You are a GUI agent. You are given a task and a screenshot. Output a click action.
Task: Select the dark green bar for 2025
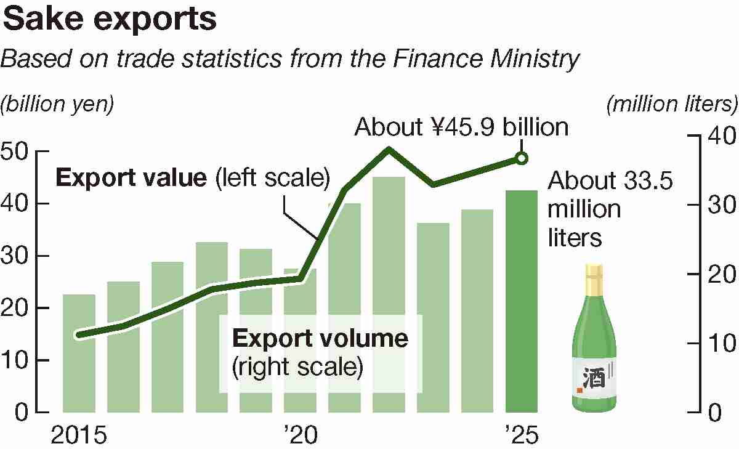click(x=521, y=302)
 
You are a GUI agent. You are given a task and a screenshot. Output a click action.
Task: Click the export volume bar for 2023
click(x=433, y=317)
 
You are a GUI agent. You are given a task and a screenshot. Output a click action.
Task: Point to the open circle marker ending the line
click(x=521, y=159)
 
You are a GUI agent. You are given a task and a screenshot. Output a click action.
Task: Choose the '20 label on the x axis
click(x=300, y=435)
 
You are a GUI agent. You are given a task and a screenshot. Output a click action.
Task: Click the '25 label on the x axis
click(x=521, y=435)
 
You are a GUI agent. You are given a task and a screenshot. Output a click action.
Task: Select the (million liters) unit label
click(x=672, y=104)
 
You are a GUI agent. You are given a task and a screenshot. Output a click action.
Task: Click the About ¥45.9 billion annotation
click(x=461, y=127)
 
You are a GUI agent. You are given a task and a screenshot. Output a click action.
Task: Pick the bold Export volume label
click(x=320, y=339)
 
